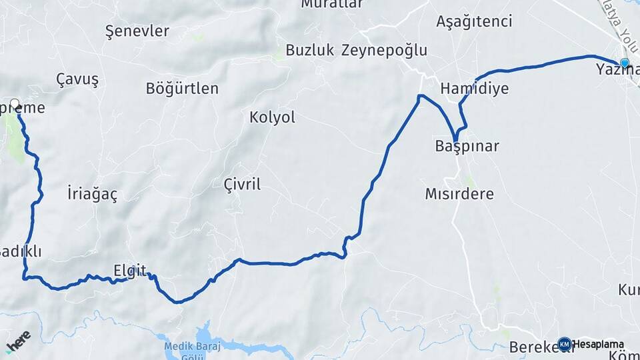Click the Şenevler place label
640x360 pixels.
137,31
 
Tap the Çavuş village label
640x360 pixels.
77,79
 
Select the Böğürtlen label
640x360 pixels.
182,88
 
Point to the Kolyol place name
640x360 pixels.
272,117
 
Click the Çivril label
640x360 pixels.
242,185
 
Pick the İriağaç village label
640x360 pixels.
92,194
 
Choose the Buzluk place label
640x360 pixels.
309,50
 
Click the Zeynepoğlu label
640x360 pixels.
384,50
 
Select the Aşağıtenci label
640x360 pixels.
474,21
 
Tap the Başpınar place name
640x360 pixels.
467,146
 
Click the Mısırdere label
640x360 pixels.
459,194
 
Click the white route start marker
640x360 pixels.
15,104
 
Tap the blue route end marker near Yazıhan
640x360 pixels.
625,63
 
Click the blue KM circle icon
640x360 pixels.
564,344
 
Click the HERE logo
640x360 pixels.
18,341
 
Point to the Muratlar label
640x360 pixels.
332,4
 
